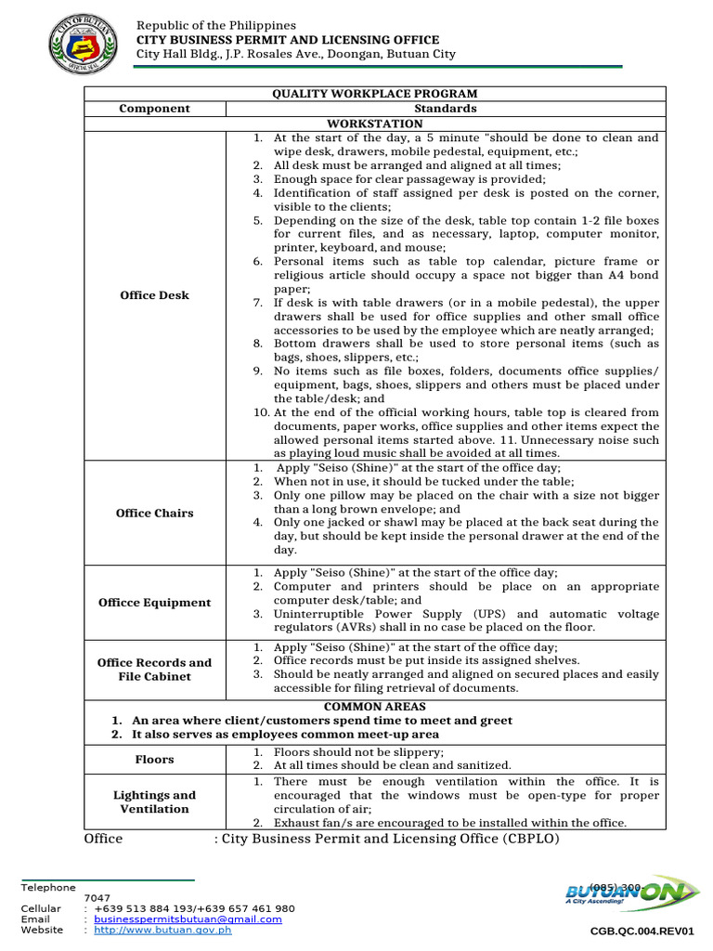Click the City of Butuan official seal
(x=83, y=44)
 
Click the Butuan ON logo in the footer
(x=632, y=895)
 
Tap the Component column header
(x=154, y=109)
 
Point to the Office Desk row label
(x=154, y=295)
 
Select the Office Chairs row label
(x=154, y=514)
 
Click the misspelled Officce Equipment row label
(x=154, y=603)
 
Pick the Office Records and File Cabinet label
(x=154, y=670)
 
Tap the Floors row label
(x=154, y=760)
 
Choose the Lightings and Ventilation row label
(x=154, y=801)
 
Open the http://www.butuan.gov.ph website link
(x=162, y=930)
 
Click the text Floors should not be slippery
(x=358, y=752)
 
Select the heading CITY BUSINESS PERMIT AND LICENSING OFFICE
(x=288, y=40)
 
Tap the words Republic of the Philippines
(x=216, y=25)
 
